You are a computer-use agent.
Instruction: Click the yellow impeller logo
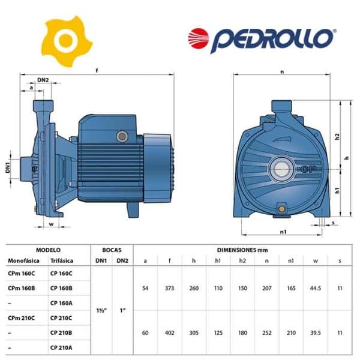point(67,41)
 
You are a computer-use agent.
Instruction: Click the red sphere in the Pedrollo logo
point(199,38)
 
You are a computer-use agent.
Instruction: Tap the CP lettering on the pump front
point(308,169)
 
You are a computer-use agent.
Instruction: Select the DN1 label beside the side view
point(8,167)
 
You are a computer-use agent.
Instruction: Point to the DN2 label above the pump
point(43,80)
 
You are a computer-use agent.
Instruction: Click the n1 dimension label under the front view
point(283,232)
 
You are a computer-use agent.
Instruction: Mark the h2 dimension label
point(337,136)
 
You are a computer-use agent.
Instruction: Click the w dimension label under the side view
point(52,224)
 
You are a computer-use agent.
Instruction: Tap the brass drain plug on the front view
point(281,209)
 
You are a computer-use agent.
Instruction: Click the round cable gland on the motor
point(122,137)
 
